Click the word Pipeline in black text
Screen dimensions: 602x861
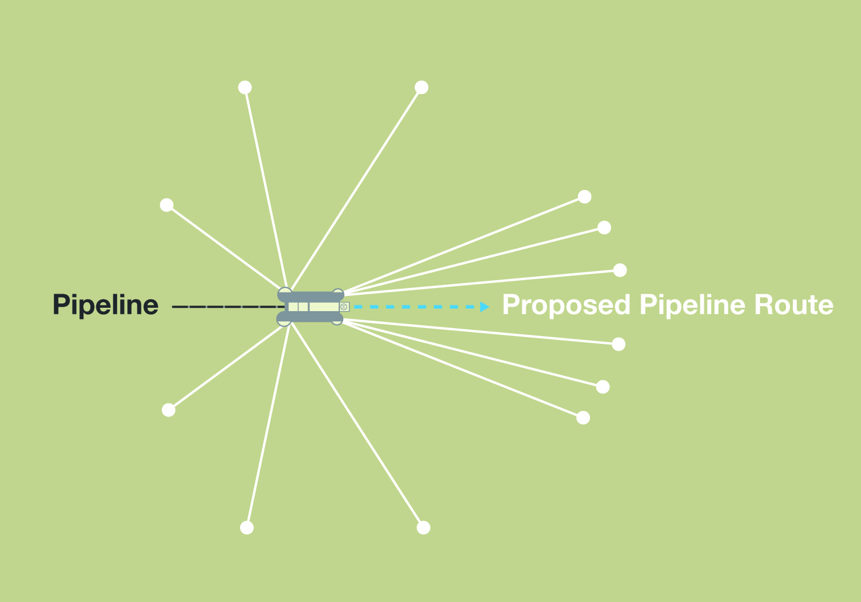click(105, 306)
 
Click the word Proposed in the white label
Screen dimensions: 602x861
click(566, 305)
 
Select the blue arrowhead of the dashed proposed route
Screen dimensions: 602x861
click(485, 307)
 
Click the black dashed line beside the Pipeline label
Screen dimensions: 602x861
click(225, 307)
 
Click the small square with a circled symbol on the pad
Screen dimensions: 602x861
click(344, 307)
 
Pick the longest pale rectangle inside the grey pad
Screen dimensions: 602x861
click(324, 307)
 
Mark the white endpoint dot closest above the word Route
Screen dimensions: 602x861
click(620, 270)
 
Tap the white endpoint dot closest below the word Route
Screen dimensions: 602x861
click(619, 344)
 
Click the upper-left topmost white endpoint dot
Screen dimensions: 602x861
click(245, 87)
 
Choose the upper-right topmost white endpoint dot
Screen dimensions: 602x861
click(421, 87)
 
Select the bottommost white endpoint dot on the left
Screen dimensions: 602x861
click(247, 528)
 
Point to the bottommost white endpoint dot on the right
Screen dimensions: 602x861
click(424, 528)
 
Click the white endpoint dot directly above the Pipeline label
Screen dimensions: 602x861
click(166, 205)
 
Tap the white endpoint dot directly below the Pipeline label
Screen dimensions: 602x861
click(168, 410)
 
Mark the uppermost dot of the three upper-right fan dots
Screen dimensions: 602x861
click(585, 197)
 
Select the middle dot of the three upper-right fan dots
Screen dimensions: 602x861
click(604, 227)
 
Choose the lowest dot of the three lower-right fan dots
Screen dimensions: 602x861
click(583, 418)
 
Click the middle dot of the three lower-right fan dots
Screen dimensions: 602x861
click(603, 387)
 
